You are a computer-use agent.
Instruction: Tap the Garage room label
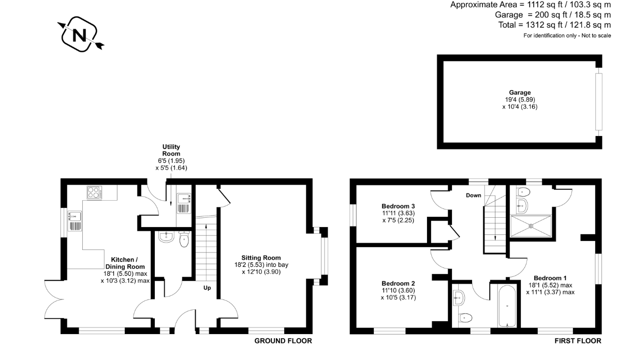point(520,93)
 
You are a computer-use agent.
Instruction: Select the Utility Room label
point(171,151)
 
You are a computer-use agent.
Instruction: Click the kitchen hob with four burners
point(95,193)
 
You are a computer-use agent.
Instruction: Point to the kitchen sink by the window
point(75,221)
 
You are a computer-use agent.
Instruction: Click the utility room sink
point(184,203)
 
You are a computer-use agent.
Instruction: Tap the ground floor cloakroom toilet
point(184,239)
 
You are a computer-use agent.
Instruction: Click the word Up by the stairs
point(207,288)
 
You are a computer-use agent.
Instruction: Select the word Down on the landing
point(474,196)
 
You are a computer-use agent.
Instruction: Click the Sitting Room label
point(261,258)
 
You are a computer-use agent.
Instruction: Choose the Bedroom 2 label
point(398,283)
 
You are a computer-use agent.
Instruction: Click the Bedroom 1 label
point(550,278)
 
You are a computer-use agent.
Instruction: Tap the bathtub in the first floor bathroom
point(507,306)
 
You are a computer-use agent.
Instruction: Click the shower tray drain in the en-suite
point(531,226)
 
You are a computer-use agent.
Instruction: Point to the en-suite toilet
point(524,192)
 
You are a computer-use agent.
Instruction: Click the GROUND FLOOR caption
point(283,341)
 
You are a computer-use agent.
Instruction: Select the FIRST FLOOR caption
point(578,341)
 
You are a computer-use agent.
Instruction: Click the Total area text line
point(555,25)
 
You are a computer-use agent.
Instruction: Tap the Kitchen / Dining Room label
point(125,263)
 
